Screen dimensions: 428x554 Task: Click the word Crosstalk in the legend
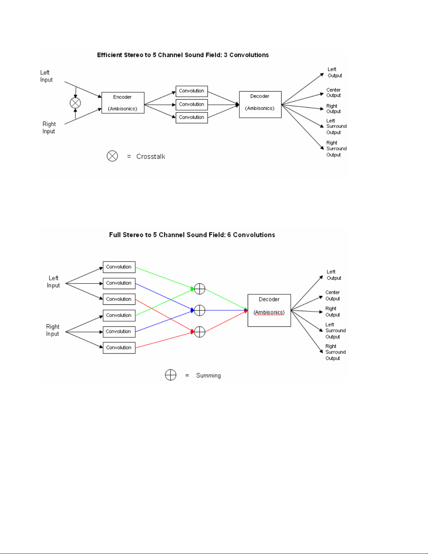pyautogui.click(x=151, y=156)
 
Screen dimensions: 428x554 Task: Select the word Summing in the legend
pyautogui.click(x=208, y=375)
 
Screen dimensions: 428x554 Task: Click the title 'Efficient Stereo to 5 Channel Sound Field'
pyautogui.click(x=159, y=55)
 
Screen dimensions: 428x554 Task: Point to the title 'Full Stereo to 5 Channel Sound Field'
pyautogui.click(x=167, y=235)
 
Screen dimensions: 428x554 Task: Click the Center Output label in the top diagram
pyautogui.click(x=333, y=93)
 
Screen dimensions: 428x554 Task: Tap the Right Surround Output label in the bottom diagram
pyautogui.click(x=335, y=352)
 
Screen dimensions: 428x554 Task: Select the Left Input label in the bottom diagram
pyautogui.click(x=53, y=282)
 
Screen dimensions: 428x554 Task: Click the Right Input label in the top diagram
pyautogui.click(x=49, y=128)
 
